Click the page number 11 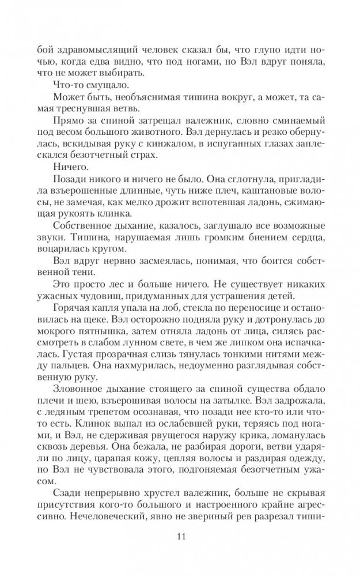[x=180, y=538]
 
